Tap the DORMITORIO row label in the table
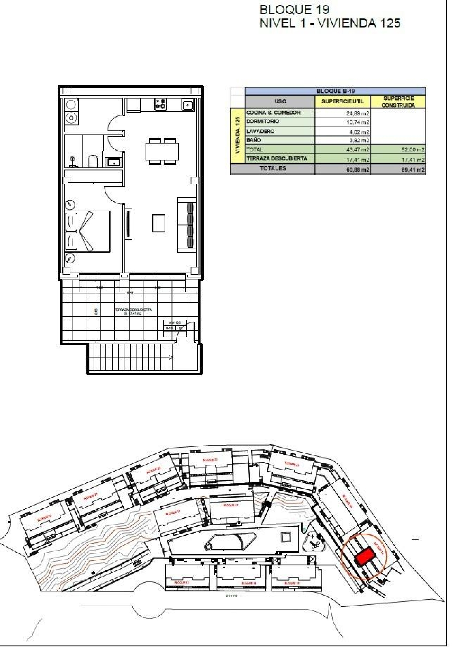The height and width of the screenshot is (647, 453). click(263, 121)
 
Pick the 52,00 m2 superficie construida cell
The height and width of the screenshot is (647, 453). click(413, 150)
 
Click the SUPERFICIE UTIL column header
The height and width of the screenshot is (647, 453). click(342, 102)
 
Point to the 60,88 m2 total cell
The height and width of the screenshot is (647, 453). click(358, 170)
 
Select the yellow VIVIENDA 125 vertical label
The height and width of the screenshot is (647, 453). click(238, 136)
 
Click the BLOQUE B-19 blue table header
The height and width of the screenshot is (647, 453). click(335, 91)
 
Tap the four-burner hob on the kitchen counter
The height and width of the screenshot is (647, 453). click(161, 104)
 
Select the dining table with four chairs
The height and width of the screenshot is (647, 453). click(162, 151)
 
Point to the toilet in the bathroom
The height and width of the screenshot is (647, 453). click(93, 161)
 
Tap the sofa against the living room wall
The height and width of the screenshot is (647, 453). click(187, 225)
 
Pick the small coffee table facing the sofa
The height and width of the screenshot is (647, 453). click(159, 223)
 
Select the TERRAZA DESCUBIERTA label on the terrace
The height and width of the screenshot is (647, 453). click(133, 310)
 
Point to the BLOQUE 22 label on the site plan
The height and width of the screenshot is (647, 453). click(210, 460)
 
